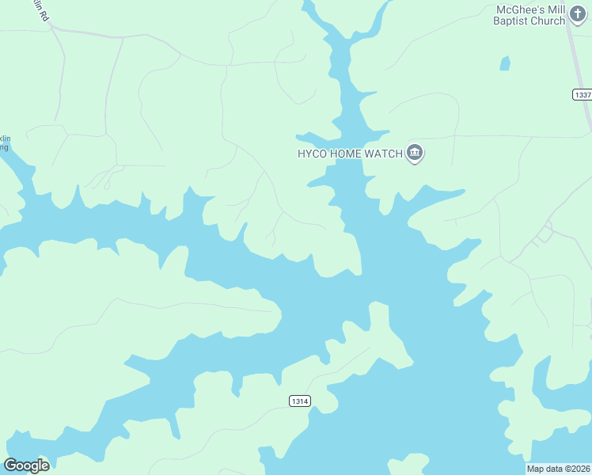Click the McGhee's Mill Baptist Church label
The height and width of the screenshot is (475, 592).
[529, 15]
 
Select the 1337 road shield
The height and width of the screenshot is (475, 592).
[582, 94]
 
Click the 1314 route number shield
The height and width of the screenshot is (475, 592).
[299, 401]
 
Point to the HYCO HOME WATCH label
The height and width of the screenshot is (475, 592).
[349, 154]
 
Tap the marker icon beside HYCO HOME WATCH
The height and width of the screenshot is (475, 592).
[415, 153]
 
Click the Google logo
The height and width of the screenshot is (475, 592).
[26, 465]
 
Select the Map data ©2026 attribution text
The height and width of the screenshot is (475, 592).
[559, 469]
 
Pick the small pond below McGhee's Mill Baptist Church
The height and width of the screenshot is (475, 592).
[505, 63]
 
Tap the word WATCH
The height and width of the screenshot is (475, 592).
[383, 154]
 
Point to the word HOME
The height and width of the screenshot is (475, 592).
[345, 154]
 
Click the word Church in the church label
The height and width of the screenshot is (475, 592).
[547, 21]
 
